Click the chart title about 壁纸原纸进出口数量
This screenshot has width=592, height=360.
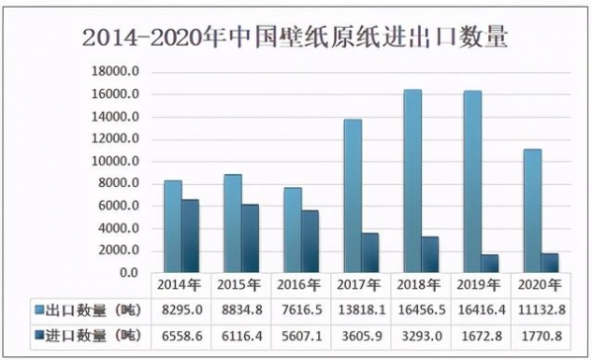click(296, 38)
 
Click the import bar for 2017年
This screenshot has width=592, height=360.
click(369, 252)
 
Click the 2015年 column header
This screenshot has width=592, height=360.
click(241, 286)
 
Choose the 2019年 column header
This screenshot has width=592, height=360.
click(480, 286)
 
